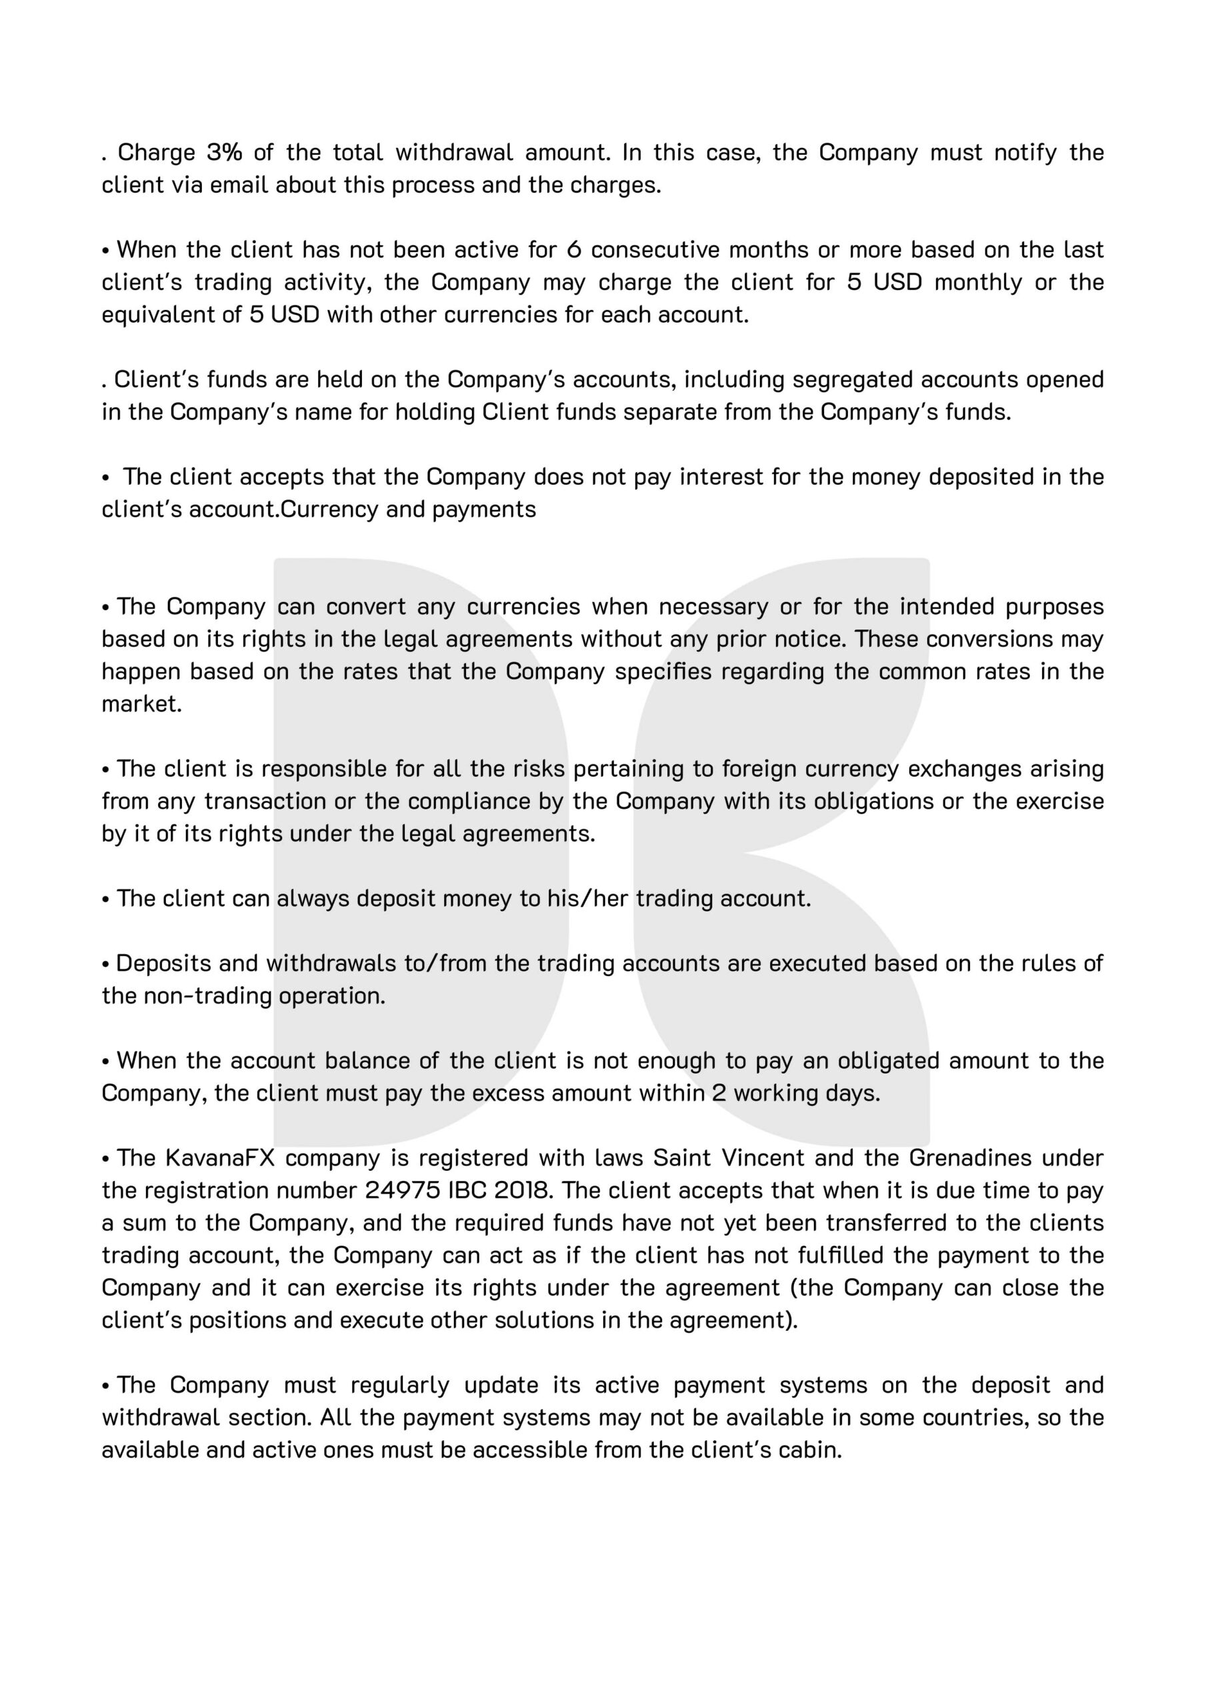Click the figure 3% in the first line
point(224,153)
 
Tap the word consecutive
point(655,250)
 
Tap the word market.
point(141,704)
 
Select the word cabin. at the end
point(807,1450)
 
